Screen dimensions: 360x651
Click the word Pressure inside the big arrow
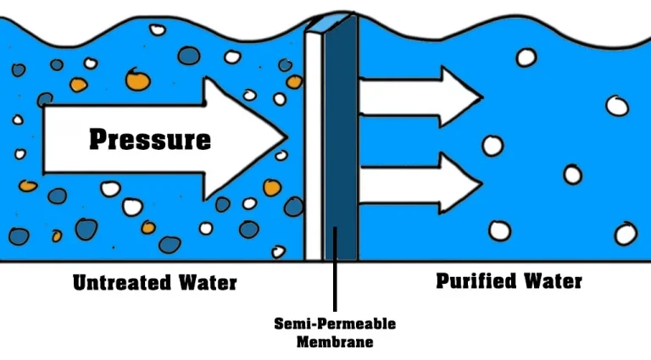tap(150, 138)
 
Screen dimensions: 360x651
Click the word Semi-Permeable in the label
tap(335, 324)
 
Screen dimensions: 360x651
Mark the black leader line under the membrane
tap(336, 288)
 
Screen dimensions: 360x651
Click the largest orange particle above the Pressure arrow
tap(136, 80)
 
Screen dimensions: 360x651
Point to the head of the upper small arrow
tap(462, 91)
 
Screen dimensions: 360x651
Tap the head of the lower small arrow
tap(462, 182)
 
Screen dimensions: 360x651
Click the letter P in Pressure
tap(98, 138)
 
